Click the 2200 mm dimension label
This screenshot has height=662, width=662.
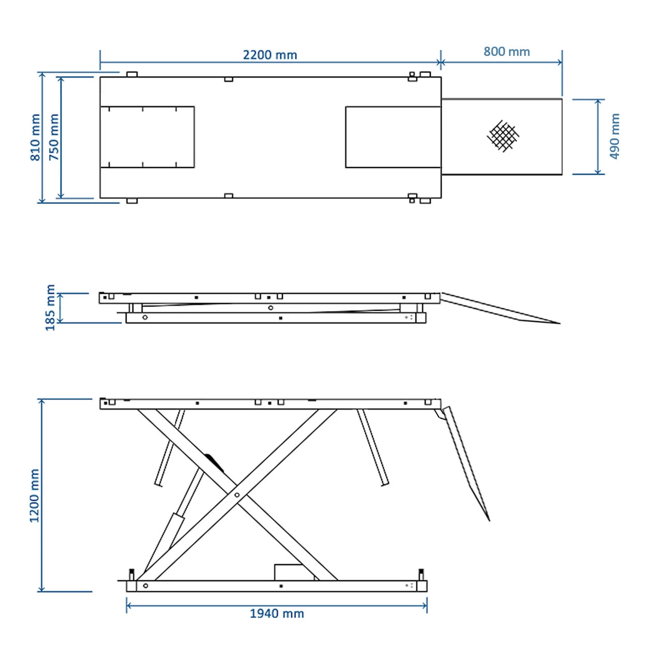[269, 55]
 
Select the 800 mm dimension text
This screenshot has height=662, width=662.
[507, 52]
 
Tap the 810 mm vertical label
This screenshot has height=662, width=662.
[35, 138]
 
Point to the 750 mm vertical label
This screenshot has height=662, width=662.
[54, 138]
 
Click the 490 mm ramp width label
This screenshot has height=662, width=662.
[614, 137]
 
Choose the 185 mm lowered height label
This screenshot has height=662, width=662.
[50, 307]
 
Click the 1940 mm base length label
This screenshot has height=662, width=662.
[277, 613]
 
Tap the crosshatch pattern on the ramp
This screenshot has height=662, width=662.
[503, 136]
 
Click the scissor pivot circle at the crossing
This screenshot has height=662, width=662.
[237, 495]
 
